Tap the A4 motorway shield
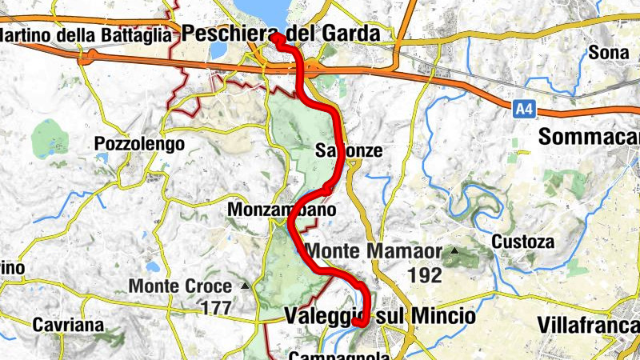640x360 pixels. [x=523, y=106]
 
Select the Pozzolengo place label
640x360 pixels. [x=139, y=144]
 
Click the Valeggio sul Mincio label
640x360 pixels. [x=379, y=317]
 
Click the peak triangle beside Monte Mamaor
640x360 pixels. [x=455, y=251]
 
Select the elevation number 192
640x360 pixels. [x=424, y=275]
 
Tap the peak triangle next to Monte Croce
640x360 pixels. [x=245, y=286]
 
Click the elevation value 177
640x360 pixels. [x=215, y=307]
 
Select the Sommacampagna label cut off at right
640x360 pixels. [x=589, y=137]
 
